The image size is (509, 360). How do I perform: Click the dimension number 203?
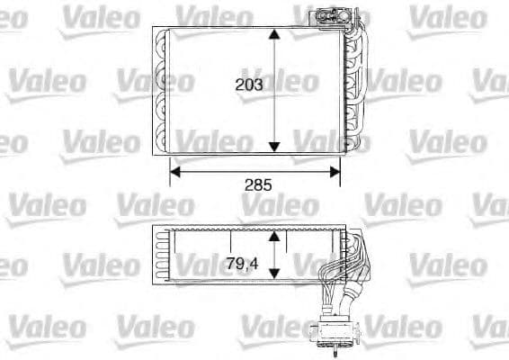[x=248, y=85]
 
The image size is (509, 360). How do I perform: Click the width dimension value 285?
[x=257, y=184]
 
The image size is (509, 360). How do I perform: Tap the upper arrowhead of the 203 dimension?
[x=275, y=34]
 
